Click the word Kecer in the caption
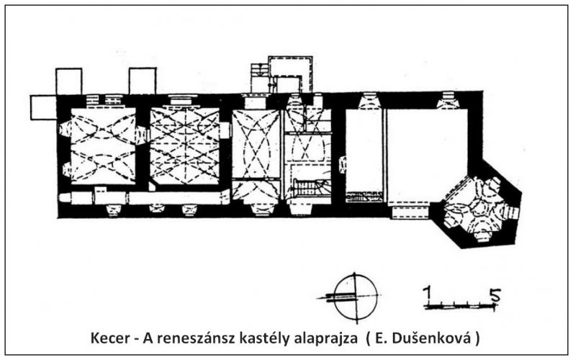tap(110, 338)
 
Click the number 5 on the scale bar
tap(495, 295)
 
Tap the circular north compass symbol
tap(356, 297)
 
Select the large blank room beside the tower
tap(427, 156)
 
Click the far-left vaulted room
tap(103, 145)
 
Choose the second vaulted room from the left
tap(185, 145)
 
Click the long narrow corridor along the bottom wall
tap(145, 198)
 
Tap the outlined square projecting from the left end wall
tap(43, 107)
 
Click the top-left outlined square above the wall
tap(68, 81)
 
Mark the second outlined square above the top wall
tap(143, 81)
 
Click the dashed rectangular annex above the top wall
tap(291, 74)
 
